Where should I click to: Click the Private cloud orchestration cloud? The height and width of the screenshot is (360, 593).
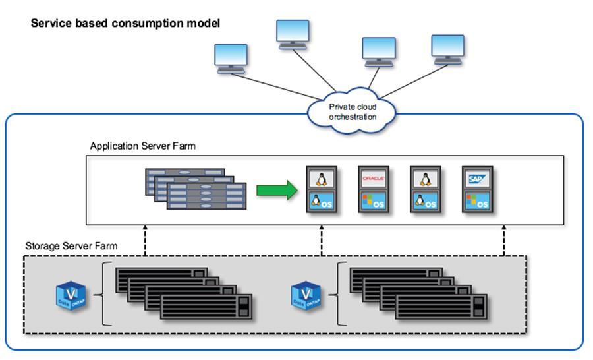click(x=353, y=110)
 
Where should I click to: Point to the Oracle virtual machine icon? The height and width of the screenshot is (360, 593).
click(x=373, y=189)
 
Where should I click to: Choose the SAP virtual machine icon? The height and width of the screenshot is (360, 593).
click(x=478, y=189)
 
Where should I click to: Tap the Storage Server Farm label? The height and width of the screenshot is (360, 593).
click(x=71, y=246)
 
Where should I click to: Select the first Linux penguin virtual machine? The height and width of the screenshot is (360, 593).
click(x=321, y=189)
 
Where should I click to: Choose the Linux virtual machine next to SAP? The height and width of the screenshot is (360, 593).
click(x=426, y=189)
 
